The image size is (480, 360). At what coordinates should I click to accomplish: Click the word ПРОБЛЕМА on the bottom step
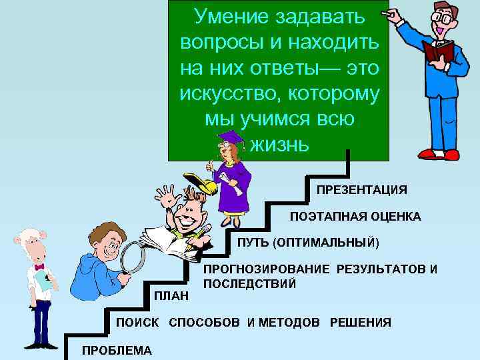click(117, 351)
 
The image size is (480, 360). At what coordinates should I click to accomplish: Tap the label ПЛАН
click(171, 295)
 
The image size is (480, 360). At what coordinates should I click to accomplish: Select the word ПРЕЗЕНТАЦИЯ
click(361, 189)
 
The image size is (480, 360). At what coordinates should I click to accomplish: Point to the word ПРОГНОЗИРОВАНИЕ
click(266, 269)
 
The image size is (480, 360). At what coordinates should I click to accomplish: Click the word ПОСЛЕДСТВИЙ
click(249, 283)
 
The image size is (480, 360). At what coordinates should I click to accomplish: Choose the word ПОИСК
click(137, 323)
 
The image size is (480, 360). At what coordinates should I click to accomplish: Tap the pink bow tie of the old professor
click(39, 267)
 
